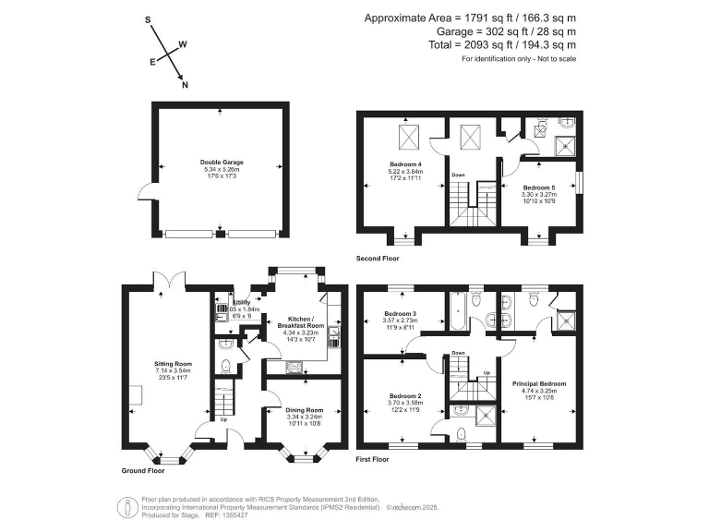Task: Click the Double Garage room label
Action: (221, 162)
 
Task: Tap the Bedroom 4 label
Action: (406, 163)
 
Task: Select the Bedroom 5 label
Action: (539, 187)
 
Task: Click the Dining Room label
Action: (305, 409)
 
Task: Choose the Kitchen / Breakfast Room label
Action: (303, 322)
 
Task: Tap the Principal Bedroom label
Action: (539, 382)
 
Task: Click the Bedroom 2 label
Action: (406, 394)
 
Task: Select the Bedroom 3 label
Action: (401, 314)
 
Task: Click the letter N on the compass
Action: (185, 86)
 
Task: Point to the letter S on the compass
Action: (148, 18)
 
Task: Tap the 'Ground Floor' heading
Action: (144, 470)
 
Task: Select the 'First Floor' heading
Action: (373, 459)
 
